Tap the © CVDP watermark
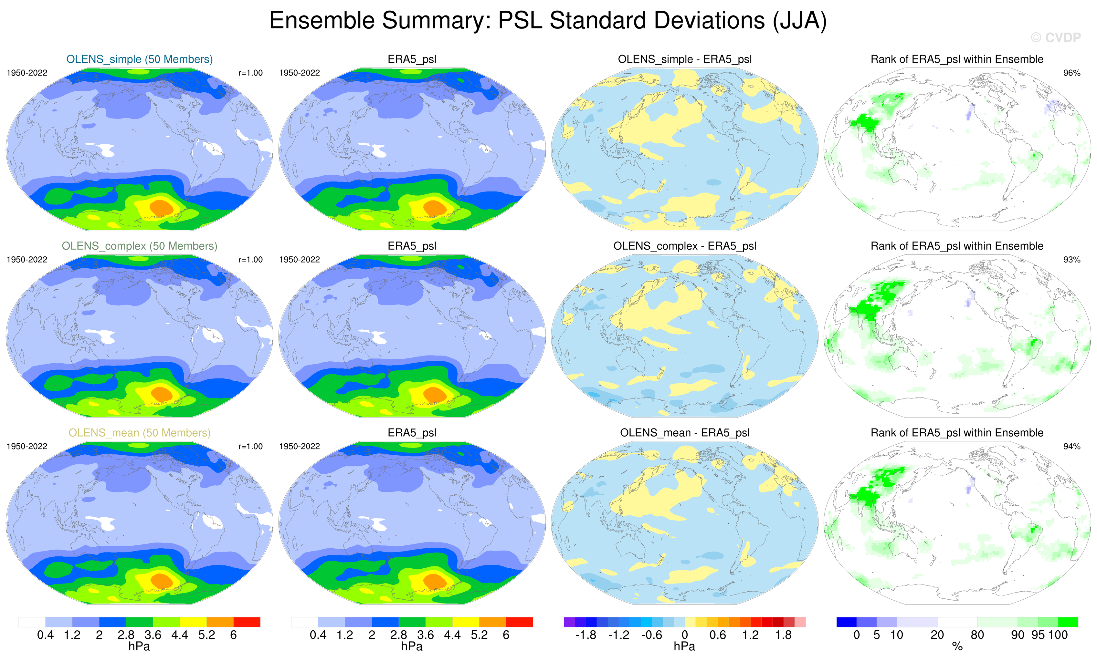[1056, 38]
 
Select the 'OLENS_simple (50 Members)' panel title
[139, 59]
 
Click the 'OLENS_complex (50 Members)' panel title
[139, 246]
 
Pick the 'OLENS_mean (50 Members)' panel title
[139, 433]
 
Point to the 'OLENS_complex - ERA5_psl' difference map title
[684, 246]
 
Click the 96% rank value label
[1071, 73]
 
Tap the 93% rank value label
[1071, 260]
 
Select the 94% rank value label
[1071, 447]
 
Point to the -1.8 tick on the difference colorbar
[585, 635]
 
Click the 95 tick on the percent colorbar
[1038, 635]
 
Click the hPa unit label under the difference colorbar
[684, 646]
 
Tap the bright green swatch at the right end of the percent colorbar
[1068, 622]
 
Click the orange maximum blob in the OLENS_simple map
[162, 207]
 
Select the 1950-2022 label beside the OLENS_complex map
[27, 260]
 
